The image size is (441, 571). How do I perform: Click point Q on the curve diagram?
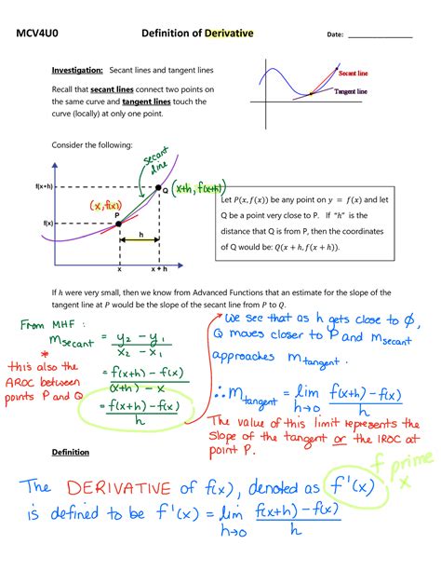coord(157,188)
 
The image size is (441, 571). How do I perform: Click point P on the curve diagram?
coord(119,224)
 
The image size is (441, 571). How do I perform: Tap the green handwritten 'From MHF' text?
coord(47,325)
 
